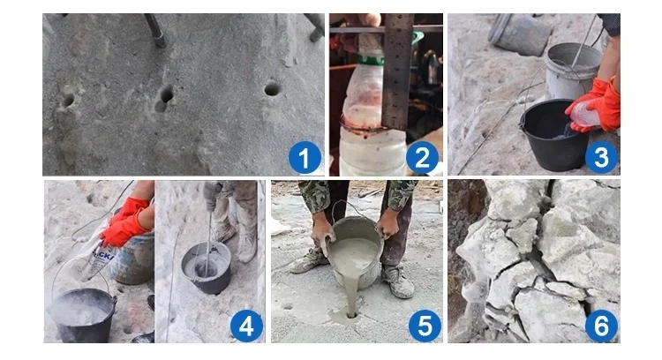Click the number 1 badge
point(304,159)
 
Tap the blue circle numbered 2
point(421,159)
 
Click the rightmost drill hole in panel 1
point(272,89)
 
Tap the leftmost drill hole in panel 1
point(66,101)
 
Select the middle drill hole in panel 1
point(165,97)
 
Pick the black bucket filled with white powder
point(82,313)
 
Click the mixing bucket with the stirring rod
point(205,266)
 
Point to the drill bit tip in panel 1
point(160,41)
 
